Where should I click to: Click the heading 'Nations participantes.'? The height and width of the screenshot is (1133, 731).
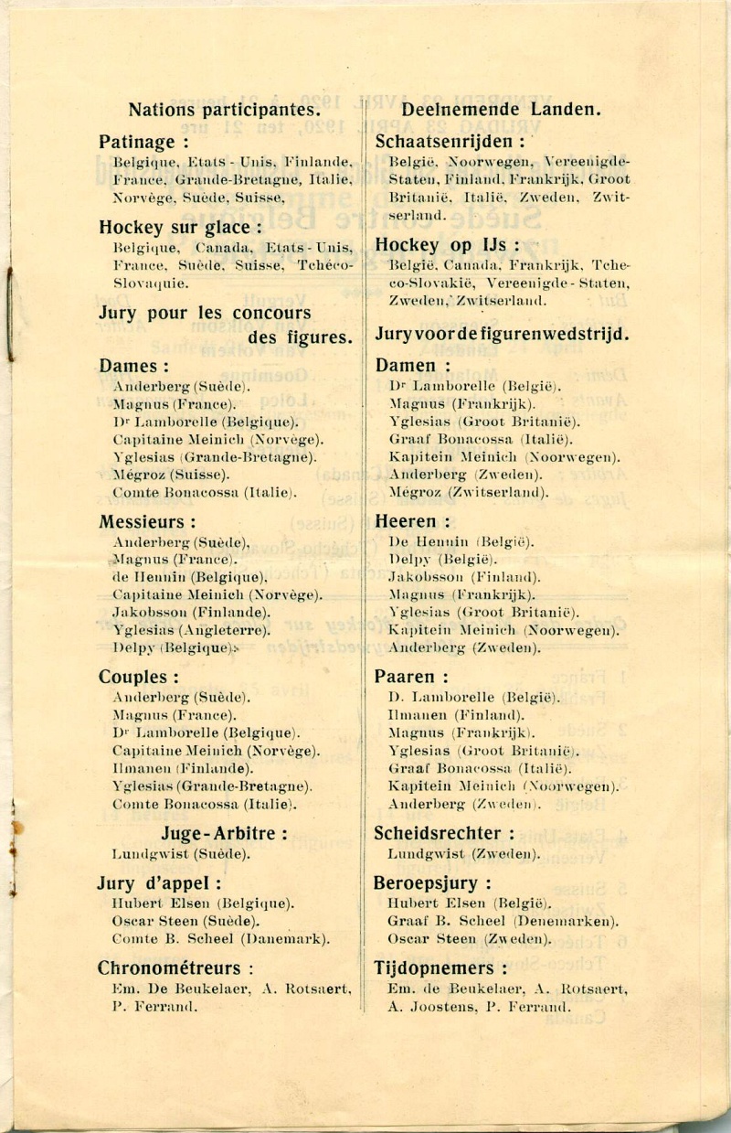(x=224, y=111)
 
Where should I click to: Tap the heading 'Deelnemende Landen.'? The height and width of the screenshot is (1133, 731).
(x=501, y=111)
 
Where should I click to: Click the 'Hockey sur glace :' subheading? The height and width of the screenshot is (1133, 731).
(x=181, y=227)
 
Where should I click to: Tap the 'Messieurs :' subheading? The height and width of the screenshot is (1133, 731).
(x=147, y=522)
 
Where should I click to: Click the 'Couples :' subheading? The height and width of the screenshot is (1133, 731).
(x=138, y=678)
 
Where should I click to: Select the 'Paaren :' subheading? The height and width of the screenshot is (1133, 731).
(x=411, y=678)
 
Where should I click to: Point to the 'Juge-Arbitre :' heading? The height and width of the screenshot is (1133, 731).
(x=225, y=833)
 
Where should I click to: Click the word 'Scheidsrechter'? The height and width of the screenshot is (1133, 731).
(x=438, y=833)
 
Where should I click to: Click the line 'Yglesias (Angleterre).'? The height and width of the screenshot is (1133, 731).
(x=192, y=629)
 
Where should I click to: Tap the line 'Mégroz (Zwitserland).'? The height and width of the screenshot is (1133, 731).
(x=469, y=492)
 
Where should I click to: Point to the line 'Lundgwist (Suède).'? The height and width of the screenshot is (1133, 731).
(x=179, y=854)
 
